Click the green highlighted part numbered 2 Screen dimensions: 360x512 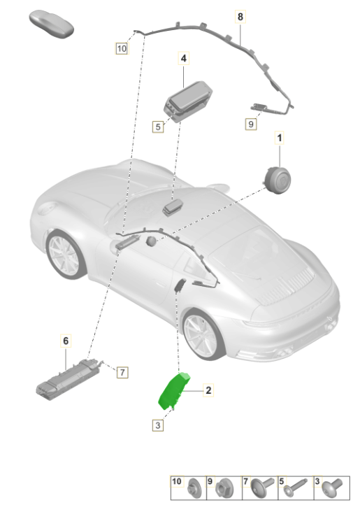(x=172, y=391)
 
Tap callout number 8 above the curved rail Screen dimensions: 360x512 (x=240, y=16)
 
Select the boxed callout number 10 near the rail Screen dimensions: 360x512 (x=122, y=48)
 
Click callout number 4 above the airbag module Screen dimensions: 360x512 (x=183, y=58)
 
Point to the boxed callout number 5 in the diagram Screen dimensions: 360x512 (x=158, y=127)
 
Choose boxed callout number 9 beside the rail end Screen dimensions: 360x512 (x=251, y=124)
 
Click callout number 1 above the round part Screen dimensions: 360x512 (x=280, y=138)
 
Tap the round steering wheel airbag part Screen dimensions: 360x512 (x=277, y=180)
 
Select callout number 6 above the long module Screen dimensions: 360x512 (x=66, y=341)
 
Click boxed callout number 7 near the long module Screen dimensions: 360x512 (x=122, y=372)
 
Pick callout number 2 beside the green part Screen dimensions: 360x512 (x=208, y=390)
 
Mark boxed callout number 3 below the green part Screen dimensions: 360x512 (x=158, y=425)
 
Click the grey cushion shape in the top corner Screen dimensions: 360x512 (x=52, y=24)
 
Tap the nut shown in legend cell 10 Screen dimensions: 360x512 (x=194, y=490)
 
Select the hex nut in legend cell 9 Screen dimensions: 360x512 (x=224, y=489)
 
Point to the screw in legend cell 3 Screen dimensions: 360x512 (x=332, y=488)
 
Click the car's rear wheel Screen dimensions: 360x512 (x=205, y=334)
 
